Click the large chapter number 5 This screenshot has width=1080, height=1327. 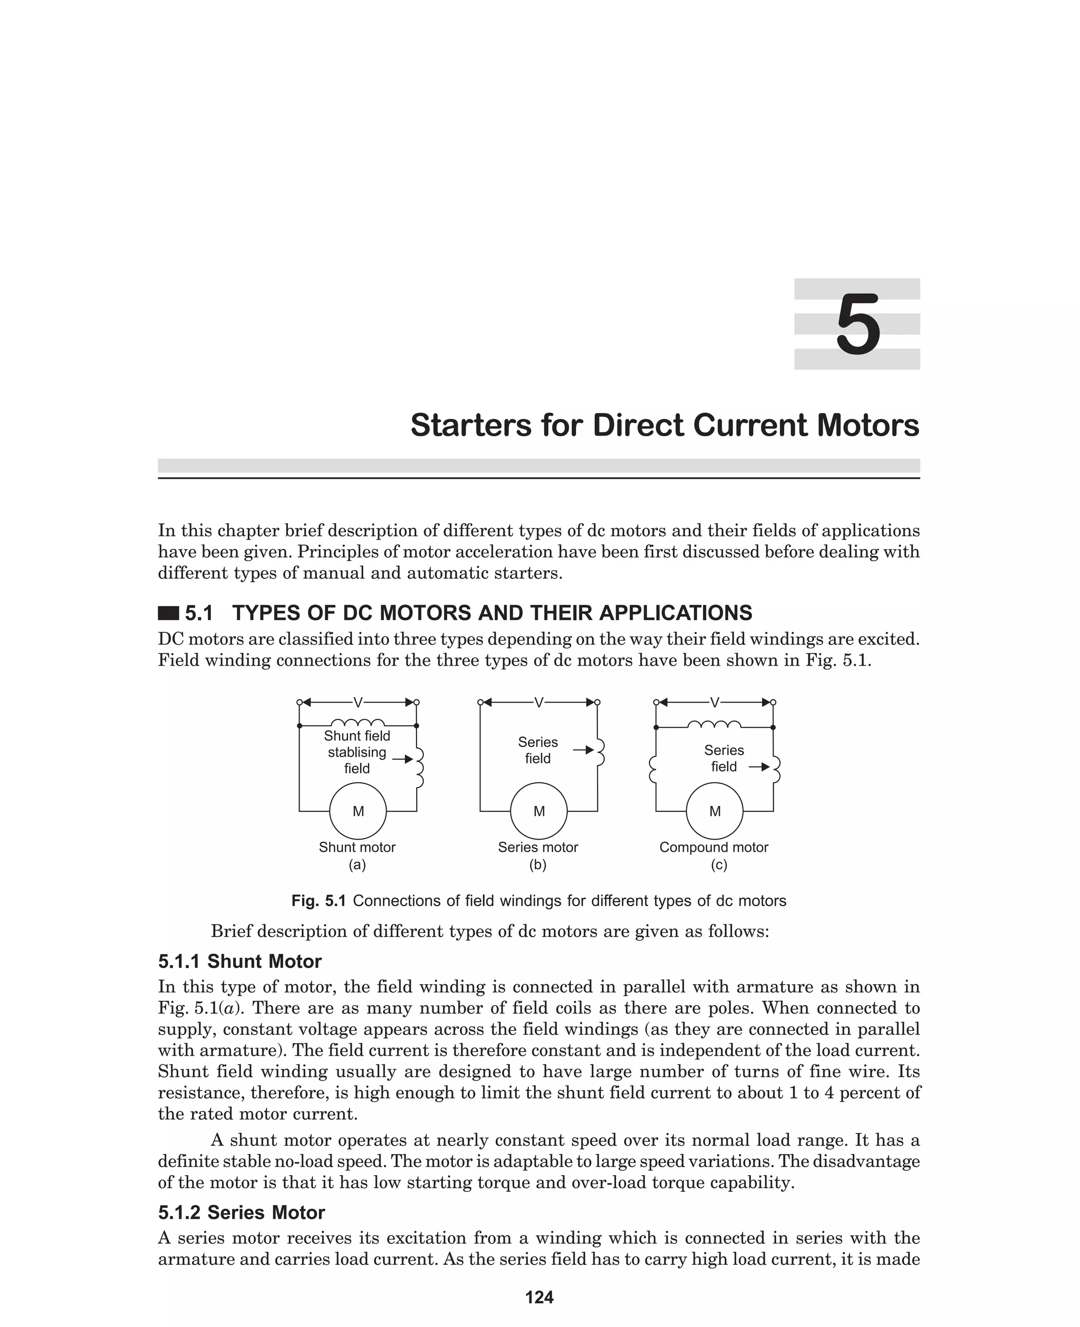[857, 325]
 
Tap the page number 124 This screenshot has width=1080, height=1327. [539, 1297]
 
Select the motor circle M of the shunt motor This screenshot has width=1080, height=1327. [358, 811]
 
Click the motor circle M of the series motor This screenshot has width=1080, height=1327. [539, 811]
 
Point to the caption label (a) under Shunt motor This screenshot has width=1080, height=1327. [357, 865]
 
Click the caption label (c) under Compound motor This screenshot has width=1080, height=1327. [719, 865]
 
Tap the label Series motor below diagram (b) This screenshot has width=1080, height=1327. [537, 848]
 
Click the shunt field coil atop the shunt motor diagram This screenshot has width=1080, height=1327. [358, 723]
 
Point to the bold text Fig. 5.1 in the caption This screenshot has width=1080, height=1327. [319, 901]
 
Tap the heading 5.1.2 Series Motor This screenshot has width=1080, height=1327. [242, 1213]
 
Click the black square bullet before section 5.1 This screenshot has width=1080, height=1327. [168, 613]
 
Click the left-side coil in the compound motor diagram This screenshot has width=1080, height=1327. [653, 769]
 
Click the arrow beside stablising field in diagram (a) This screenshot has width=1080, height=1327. [402, 759]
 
